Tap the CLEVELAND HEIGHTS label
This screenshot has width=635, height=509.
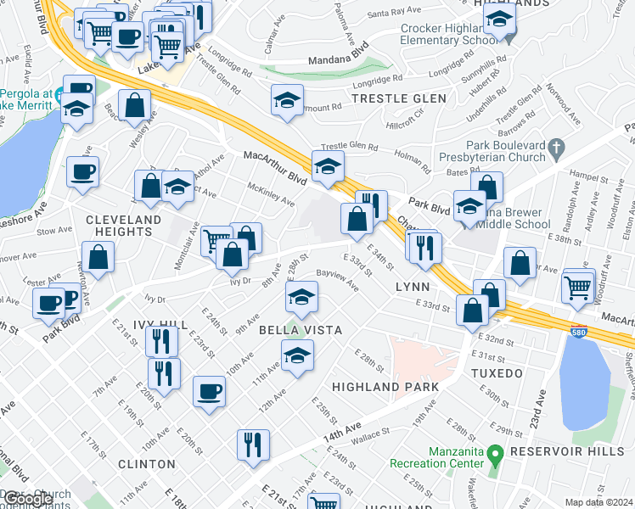coord(124,225)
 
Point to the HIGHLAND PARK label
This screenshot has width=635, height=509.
coord(385,387)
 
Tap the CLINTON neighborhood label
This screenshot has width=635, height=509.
coord(147,464)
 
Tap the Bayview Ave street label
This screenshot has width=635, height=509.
coord(337,280)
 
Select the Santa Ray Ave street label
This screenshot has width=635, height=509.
coord(395,13)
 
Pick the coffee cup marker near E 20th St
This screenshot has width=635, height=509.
coord(208,391)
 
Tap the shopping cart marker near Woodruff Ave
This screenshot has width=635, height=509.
coord(578,286)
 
